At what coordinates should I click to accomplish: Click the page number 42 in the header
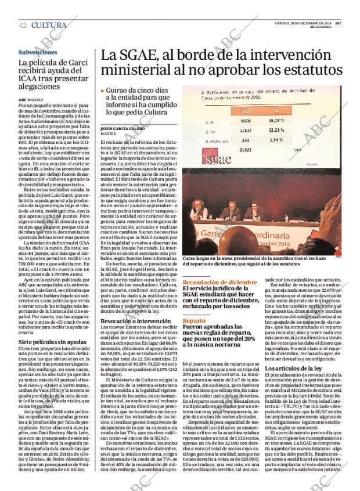click(22, 25)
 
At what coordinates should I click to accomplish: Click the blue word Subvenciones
click(38, 52)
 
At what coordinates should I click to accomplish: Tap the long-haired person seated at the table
click(196, 208)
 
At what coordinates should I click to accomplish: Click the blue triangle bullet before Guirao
click(103, 91)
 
